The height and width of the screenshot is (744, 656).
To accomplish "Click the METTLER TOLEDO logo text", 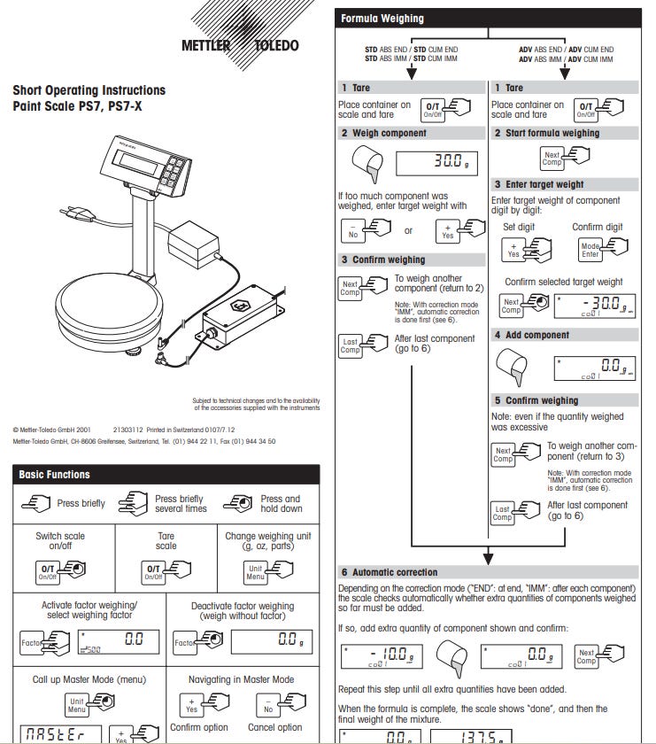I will pos(240,45).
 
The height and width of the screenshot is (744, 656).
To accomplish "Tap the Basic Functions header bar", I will pos(166,475).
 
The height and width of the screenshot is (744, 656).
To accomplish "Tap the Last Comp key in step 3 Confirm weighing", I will pos(351,344).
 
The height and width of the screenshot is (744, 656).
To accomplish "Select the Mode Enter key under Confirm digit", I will pos(590,251).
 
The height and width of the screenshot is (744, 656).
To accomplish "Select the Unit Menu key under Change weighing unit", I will pos(256,572).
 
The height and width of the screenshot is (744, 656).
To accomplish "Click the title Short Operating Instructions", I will pos(89,90).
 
